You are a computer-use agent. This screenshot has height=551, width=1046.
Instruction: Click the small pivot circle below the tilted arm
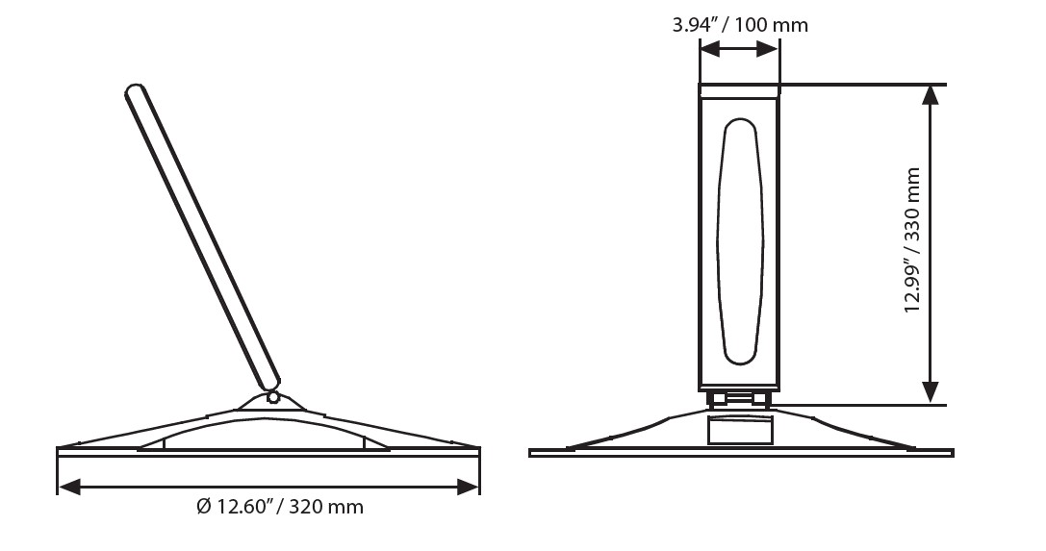point(273,396)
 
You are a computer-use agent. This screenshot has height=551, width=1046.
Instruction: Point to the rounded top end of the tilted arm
point(136,92)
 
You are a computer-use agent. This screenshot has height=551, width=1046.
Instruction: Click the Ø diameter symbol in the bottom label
point(203,507)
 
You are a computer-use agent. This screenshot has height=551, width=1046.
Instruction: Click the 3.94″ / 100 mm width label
point(739,25)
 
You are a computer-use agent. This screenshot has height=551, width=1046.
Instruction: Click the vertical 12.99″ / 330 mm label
point(912,240)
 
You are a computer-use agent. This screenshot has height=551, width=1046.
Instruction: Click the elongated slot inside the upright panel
point(739,240)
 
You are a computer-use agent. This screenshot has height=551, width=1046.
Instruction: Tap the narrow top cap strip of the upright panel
point(738,91)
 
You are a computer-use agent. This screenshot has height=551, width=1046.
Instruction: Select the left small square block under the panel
point(719,398)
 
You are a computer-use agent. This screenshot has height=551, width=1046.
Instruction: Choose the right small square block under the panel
point(759,398)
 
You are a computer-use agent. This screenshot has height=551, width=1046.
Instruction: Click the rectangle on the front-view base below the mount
point(740,430)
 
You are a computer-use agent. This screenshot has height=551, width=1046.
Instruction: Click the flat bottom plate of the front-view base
point(741,453)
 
